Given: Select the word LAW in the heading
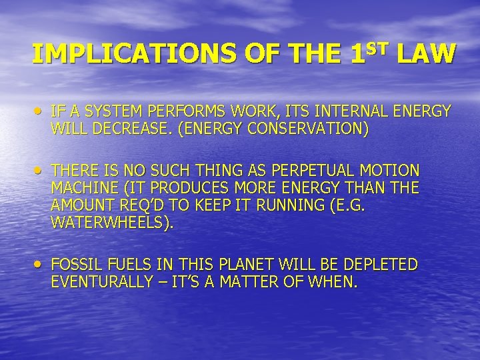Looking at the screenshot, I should (427, 53).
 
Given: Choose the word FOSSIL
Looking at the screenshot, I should (74, 265).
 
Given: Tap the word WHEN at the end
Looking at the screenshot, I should (336, 282).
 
